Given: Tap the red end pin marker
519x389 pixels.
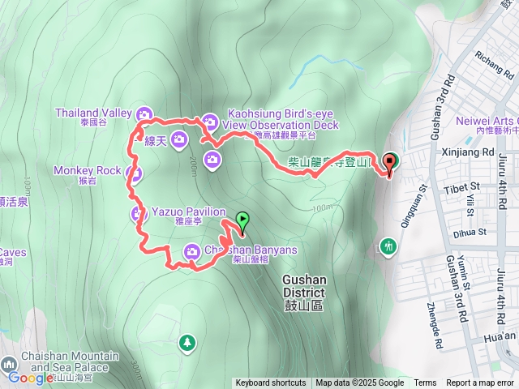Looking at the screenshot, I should [389, 162].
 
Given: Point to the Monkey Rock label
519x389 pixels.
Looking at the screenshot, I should [87, 170].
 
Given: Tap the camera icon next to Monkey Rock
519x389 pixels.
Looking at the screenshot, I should [135, 173].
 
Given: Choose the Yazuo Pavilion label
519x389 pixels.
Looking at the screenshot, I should [188, 212].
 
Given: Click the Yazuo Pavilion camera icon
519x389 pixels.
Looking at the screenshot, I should [138, 213].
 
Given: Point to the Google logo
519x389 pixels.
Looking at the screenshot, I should [30, 378].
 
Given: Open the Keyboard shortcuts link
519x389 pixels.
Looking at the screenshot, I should [271, 383].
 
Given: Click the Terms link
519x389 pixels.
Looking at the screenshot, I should [425, 383].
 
